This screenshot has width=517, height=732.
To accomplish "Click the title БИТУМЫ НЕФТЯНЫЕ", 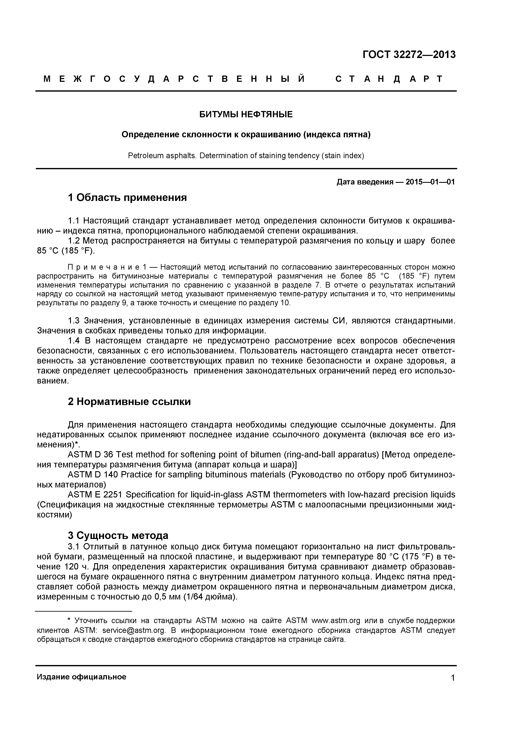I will click(246, 114).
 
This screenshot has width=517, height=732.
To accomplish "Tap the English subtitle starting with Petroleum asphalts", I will click(246, 156).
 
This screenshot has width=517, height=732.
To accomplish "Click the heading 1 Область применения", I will click(127, 198).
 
